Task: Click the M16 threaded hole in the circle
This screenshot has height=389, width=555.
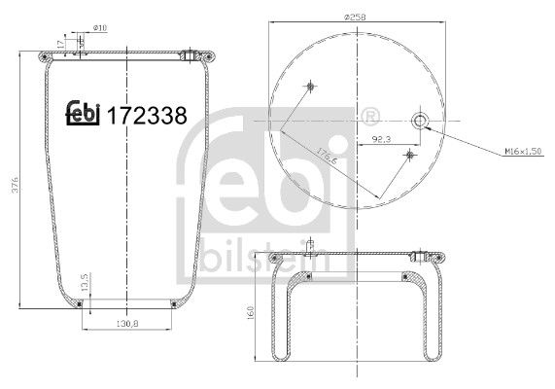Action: pyautogui.click(x=420, y=121)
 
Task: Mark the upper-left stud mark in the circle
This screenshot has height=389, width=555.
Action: pyautogui.click(x=310, y=86)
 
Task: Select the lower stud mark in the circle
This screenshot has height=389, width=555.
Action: pyautogui.click(x=411, y=154)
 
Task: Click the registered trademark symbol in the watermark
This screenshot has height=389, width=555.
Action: pyautogui.click(x=369, y=118)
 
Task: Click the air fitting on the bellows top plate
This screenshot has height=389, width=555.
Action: pyautogui.click(x=190, y=54)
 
